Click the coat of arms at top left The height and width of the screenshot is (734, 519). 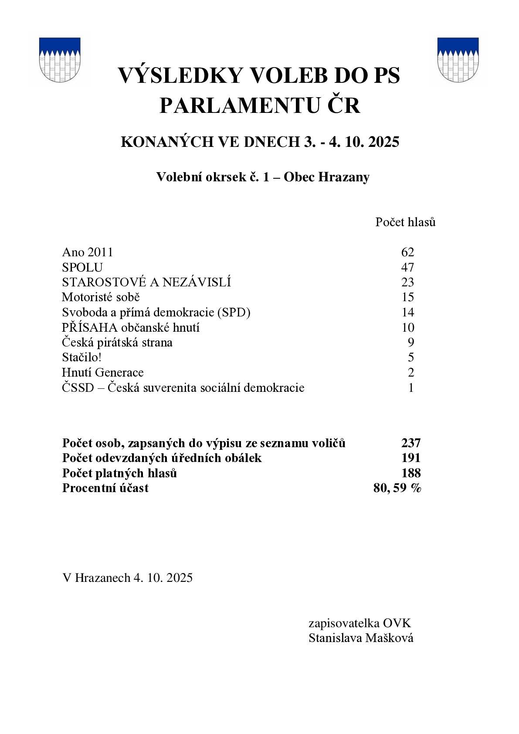[x=60, y=60]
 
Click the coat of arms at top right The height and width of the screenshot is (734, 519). [x=458, y=60]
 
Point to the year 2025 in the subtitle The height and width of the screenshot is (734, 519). [x=383, y=142]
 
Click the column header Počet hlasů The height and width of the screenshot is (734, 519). [x=405, y=222]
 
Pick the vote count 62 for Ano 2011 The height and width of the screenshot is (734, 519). [x=407, y=252]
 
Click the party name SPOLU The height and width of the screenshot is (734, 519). [x=82, y=267]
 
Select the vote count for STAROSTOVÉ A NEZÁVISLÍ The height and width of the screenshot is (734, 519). [x=407, y=282]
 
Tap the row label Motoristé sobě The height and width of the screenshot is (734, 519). [x=101, y=297]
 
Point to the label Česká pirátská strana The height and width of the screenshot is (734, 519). [x=117, y=343]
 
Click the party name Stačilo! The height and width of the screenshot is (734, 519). [x=81, y=357]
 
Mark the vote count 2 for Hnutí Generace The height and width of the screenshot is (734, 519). [x=411, y=373]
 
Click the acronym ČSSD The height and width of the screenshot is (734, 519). [x=78, y=387]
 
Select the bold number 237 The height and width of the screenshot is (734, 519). [x=410, y=443]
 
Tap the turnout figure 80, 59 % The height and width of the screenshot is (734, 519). [x=397, y=488]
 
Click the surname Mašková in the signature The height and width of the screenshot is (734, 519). [x=389, y=638]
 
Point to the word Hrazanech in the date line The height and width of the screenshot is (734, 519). [x=103, y=578]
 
